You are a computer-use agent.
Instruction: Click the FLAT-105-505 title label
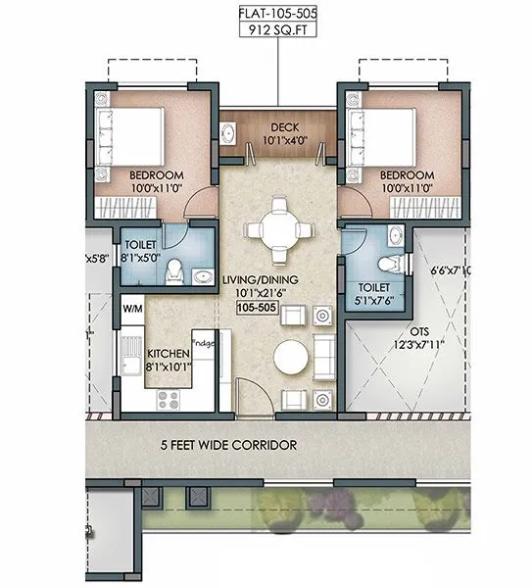[x=277, y=14]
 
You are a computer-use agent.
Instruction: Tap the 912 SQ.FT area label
[x=277, y=31]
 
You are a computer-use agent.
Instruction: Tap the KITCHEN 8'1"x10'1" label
[x=169, y=360]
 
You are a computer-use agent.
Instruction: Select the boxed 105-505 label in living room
[x=258, y=308]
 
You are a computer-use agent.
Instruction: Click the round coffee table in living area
[x=291, y=359]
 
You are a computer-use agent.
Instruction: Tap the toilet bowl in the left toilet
[x=175, y=269]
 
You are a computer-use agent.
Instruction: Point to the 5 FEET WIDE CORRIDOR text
[x=228, y=445]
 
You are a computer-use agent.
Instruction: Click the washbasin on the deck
[x=228, y=133]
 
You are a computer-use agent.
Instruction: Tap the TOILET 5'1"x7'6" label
[x=374, y=294]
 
